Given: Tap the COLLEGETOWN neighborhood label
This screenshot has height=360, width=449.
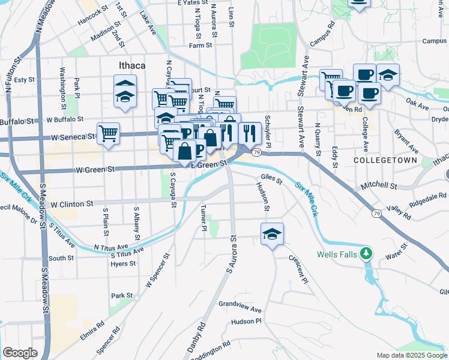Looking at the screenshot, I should tap(381, 161).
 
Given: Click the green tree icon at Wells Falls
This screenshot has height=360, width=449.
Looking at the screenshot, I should tap(366, 254).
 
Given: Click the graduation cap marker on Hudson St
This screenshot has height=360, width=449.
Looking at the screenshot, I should tap(272, 234).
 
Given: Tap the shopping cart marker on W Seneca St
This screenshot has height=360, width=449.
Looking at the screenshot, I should tap(108, 134).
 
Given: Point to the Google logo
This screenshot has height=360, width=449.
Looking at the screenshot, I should tap(20, 353).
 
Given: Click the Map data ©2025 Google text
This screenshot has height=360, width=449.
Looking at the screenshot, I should tap(411, 355).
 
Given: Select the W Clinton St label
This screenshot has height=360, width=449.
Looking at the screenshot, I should tap(72, 204).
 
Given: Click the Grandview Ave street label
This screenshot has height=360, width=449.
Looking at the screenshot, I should tap(240, 307).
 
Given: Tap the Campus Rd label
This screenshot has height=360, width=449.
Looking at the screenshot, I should tap(322, 35).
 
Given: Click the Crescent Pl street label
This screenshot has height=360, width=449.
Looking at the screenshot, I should tap(298, 271).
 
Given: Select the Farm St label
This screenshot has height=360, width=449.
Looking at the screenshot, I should tap(200, 45).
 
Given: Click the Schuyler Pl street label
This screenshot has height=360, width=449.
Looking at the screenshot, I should tap(268, 131).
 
